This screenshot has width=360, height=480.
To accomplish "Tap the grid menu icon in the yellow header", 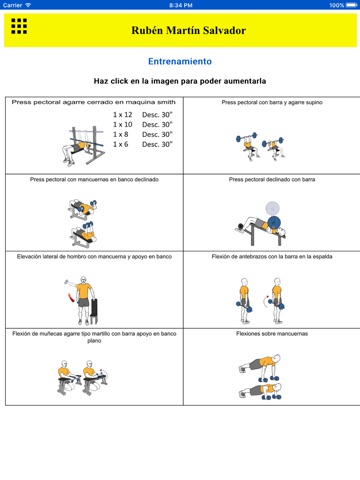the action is [19, 26].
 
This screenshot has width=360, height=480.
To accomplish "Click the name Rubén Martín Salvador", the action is [188, 30].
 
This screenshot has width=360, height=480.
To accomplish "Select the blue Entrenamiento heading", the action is [180, 61].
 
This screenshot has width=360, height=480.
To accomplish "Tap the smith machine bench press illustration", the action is [83, 145].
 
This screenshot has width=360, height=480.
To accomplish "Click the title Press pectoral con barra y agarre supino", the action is [272, 102].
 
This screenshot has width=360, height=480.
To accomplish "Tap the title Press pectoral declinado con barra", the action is [272, 179].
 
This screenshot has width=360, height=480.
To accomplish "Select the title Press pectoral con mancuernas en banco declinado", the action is [94, 179].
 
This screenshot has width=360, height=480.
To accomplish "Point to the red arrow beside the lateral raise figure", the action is [70, 297].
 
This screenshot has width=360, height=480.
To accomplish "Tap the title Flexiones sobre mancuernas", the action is [272, 334].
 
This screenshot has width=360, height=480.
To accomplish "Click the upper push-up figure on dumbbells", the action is [260, 368].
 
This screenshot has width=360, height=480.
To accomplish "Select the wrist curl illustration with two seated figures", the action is [83, 377].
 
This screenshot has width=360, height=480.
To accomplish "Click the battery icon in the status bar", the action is [352, 5].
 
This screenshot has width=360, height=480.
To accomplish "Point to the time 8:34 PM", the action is [181, 5].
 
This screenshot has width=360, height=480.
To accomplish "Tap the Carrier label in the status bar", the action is [12, 5].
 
